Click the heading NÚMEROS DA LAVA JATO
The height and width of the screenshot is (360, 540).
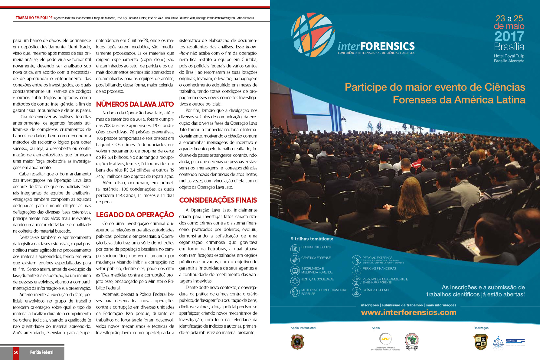tap(135, 104)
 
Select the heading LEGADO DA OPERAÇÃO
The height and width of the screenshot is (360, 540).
tap(135, 215)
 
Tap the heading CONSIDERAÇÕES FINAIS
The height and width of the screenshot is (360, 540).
tap(218, 200)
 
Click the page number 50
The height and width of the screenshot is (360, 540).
tap(16, 352)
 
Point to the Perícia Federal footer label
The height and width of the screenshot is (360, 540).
tap(42, 352)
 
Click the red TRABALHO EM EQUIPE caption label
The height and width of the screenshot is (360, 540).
tap(34, 18)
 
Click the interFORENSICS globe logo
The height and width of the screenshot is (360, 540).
tap(313, 34)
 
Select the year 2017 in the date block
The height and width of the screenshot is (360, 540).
tap(509, 37)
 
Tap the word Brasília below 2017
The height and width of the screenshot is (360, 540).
tap(509, 47)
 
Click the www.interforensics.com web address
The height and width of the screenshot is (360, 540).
tap(408, 313)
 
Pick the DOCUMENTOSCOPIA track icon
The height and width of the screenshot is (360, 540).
tap(295, 249)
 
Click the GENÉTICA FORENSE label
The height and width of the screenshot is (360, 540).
tap(316, 258)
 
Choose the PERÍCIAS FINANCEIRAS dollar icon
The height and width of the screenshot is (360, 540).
tap(356, 270)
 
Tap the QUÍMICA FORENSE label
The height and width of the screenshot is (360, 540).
tap(376, 290)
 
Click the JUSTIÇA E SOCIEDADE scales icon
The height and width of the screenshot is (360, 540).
tap(295, 281)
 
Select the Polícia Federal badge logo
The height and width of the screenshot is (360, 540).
tap(297, 342)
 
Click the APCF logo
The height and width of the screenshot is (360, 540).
tap(386, 339)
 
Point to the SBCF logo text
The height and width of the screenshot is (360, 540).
tap(515, 341)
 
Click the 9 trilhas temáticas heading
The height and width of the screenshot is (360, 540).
tap(312, 239)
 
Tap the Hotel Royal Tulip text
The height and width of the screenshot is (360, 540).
tap(509, 56)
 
